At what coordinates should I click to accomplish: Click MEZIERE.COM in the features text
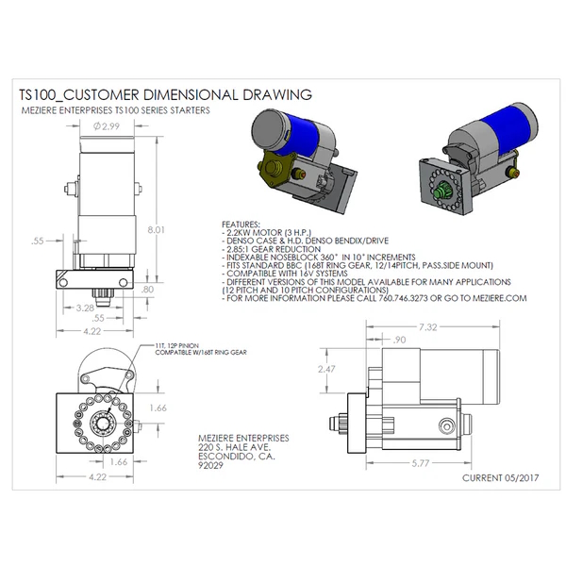coord(495,297)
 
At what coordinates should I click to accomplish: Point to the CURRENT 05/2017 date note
coord(500,478)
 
